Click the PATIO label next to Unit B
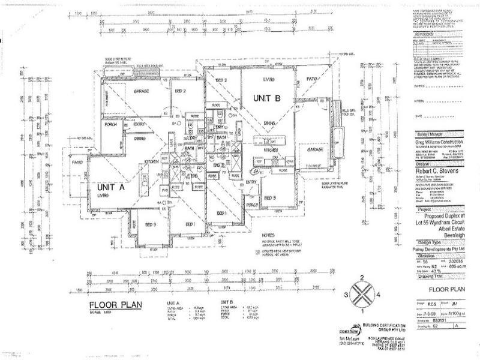311,79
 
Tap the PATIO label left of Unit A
77,161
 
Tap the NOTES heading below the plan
268,229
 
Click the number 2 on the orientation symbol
361,277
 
